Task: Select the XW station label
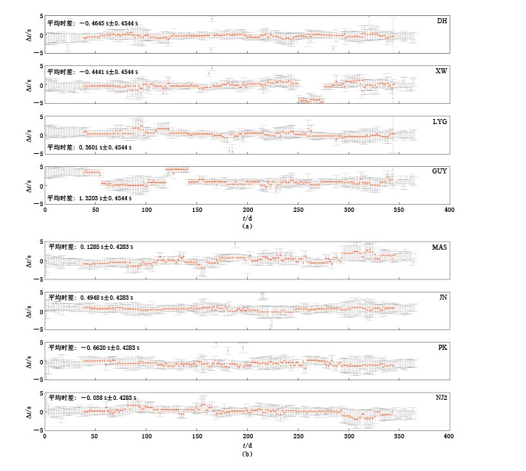pyautogui.click(x=441, y=70)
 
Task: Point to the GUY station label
pyautogui.click(x=440, y=171)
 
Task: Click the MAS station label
pyautogui.click(x=439, y=247)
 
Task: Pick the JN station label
pyautogui.click(x=442, y=298)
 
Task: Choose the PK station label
pyautogui.click(x=442, y=348)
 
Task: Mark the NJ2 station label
pyautogui.click(x=440, y=398)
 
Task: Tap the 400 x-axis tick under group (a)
pyautogui.click(x=449, y=210)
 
